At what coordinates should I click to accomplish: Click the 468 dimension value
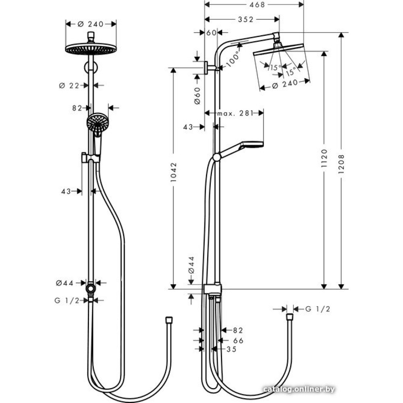[x=257, y=4]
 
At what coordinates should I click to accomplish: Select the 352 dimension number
[x=246, y=19]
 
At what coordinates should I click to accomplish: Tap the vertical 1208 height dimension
[x=341, y=164]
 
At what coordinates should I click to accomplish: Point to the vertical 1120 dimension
[x=324, y=158]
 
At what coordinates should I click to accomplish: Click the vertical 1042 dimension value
[x=174, y=172]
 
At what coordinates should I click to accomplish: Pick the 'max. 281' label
[x=235, y=113]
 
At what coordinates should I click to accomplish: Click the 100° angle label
[x=233, y=59]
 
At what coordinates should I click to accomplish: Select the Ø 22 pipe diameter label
[x=69, y=85]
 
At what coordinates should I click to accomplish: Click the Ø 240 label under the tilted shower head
[x=285, y=84]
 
